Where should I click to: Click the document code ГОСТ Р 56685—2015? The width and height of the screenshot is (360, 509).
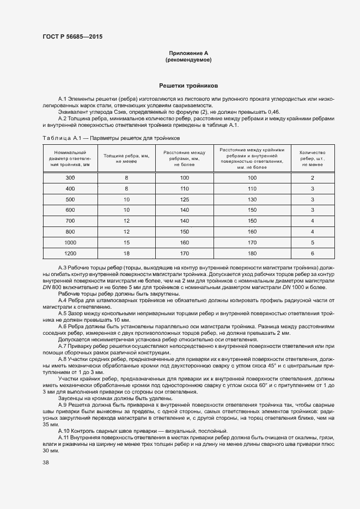pos(72,37)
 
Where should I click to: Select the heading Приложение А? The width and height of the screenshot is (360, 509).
pos(188,53)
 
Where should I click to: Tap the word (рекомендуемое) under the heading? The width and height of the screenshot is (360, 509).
pos(188,59)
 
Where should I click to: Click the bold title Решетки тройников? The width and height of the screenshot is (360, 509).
pos(188,86)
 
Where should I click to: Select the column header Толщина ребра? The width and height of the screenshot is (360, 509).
pos(126,158)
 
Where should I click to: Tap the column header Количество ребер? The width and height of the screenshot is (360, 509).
pos(312,158)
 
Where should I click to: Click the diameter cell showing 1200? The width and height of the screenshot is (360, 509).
pos(70,253)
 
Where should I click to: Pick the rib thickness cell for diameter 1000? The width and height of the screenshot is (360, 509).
pos(126,243)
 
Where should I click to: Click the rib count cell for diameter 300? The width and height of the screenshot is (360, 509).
pos(312,178)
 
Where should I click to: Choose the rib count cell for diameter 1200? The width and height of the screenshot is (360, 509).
pos(312,253)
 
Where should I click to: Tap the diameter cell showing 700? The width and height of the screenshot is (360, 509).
pos(70,221)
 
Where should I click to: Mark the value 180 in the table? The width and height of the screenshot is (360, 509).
pos(252,253)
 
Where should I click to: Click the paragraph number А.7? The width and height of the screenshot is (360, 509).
pos(62,346)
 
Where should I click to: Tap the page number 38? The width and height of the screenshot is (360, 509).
pos(46,463)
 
